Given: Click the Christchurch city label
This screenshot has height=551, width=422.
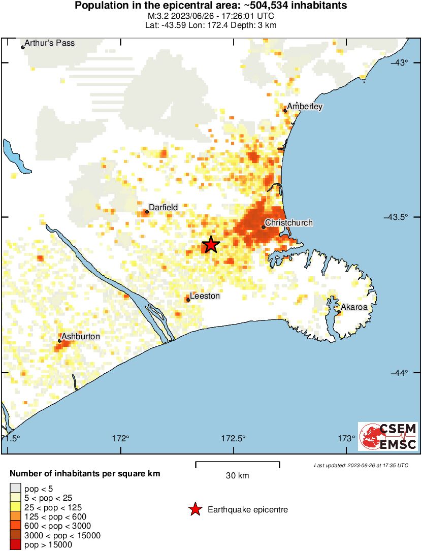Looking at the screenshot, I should tap(289, 223).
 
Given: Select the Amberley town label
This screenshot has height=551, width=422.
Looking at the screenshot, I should tap(305, 107).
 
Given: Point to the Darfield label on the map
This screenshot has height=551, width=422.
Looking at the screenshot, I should tap(164, 207).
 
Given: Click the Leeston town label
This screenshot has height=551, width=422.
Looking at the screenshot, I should tap(205, 296).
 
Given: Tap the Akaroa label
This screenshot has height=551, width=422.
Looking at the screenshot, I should tap(353, 307).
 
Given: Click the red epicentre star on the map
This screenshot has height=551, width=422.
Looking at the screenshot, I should tap(211, 245).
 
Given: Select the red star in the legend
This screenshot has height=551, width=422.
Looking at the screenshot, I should tap(194, 509).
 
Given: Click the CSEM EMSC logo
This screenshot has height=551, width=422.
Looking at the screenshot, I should tap(388, 436).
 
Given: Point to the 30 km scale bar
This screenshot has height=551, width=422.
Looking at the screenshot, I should tap(238, 463).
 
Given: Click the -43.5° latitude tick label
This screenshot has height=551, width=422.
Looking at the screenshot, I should tap(397, 217).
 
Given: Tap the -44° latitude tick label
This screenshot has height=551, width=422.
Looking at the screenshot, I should tap(398, 373).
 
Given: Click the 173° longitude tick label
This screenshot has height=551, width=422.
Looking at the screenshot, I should tap(347, 438).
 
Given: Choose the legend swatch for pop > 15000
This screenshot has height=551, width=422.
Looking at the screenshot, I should tap(15, 545).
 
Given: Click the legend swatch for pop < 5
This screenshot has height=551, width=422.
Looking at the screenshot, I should tap(15, 489).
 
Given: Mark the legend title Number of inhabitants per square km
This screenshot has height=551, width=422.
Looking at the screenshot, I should tap(85, 473).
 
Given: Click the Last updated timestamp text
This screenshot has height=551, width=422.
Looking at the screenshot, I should tap(361, 465).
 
